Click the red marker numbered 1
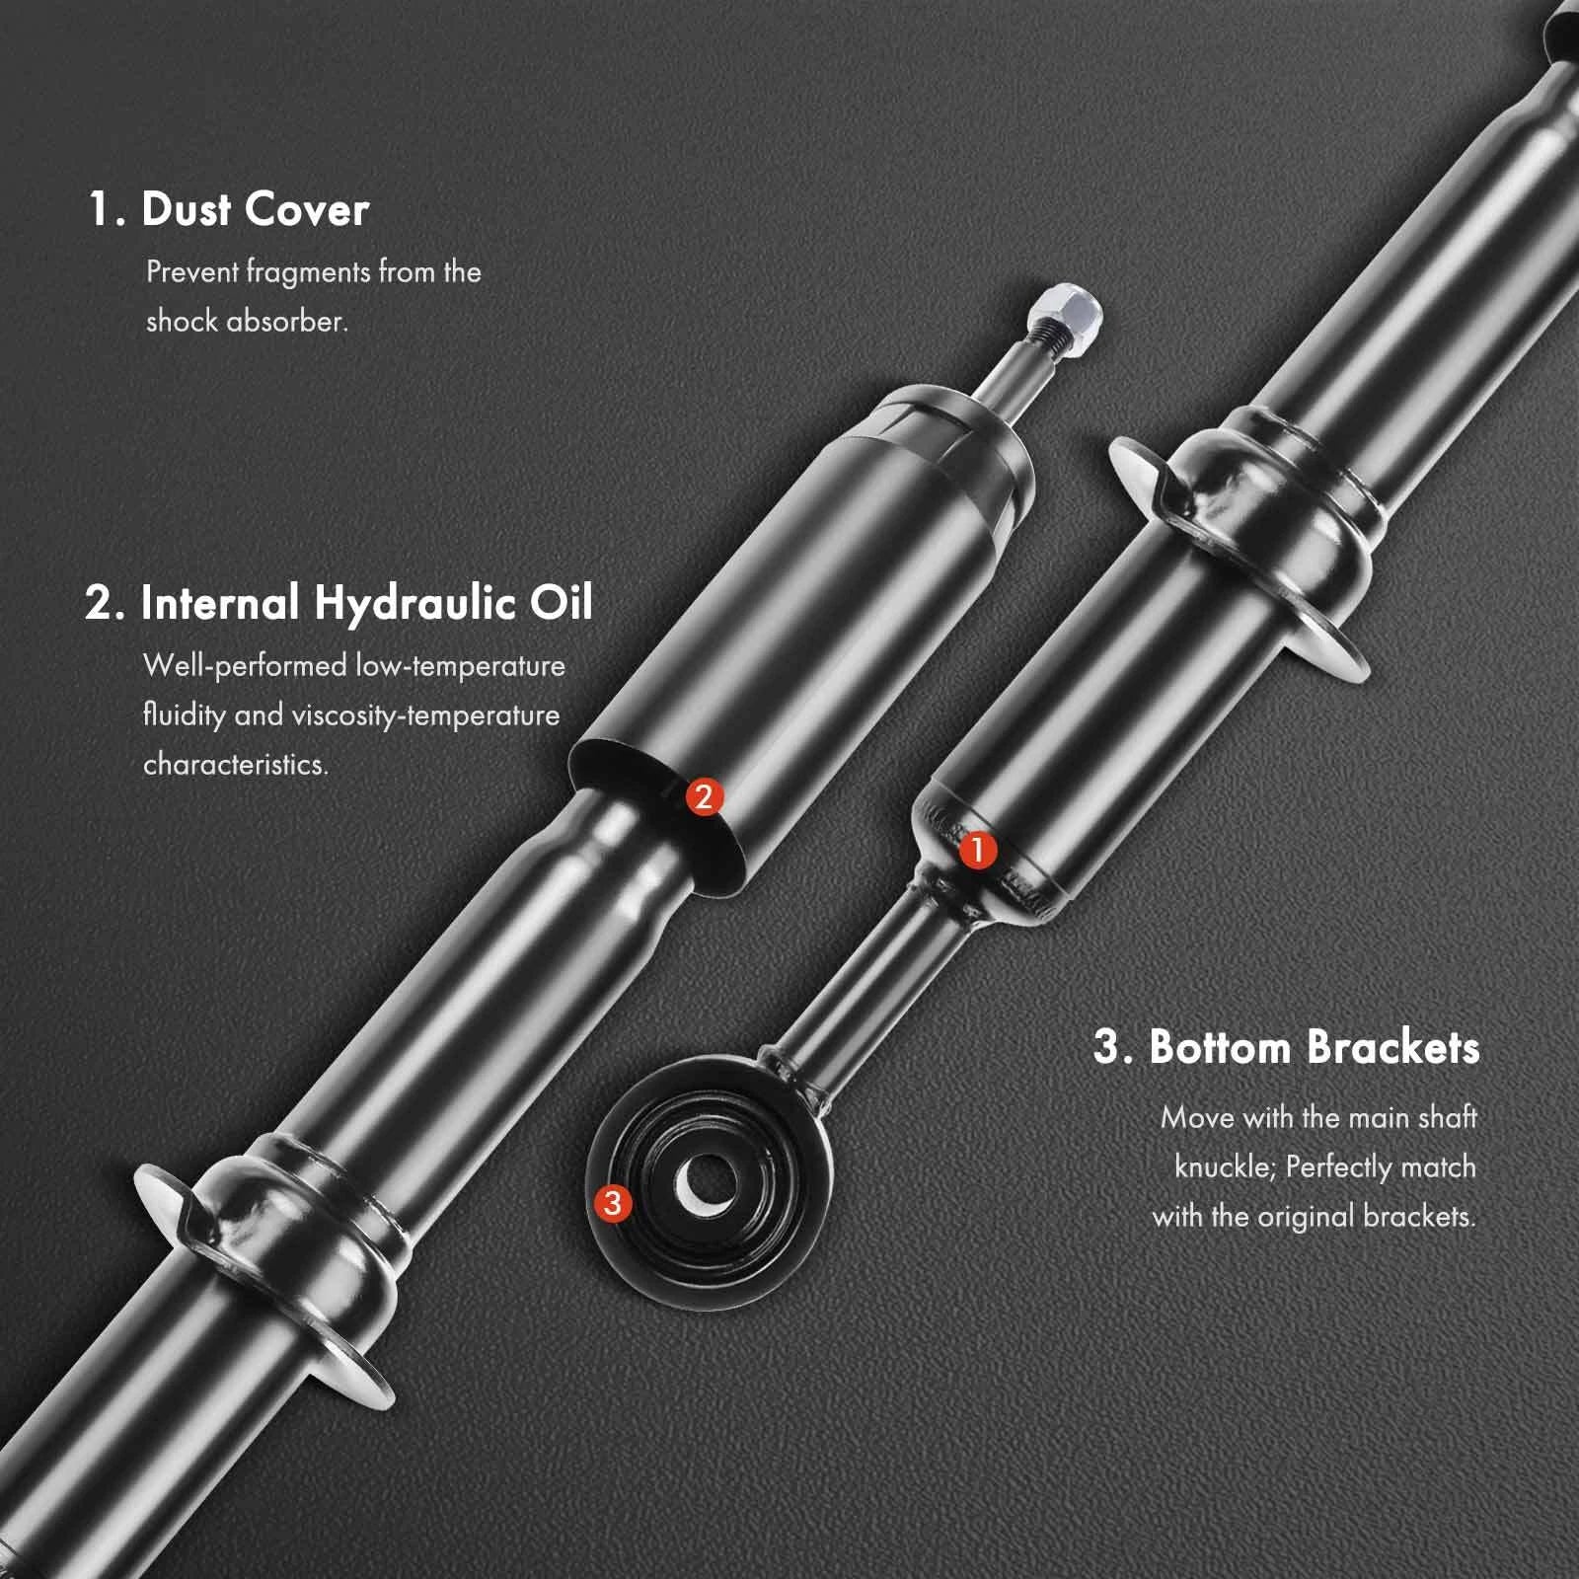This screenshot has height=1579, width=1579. coord(977,850)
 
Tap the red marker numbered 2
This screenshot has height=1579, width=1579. coord(704,796)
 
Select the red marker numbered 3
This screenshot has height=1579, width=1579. coord(613,1202)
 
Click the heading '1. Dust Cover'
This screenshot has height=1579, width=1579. coord(229,209)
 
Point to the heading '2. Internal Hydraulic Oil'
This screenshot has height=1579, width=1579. coord(338,603)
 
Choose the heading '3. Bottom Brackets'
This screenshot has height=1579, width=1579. coord(1287,1046)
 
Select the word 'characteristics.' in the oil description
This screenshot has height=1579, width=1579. coord(236,764)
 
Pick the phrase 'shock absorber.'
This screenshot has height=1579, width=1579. coord(247,321)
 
